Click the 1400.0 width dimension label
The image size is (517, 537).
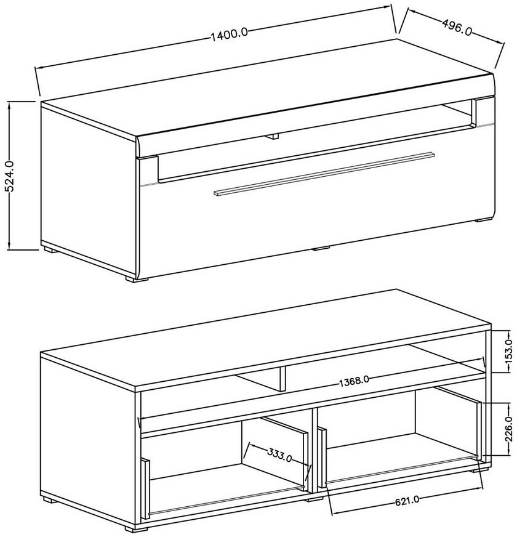(228, 34)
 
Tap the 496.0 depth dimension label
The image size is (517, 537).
(457, 26)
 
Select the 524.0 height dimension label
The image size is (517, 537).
(10, 177)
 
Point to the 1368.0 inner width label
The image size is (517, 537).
(354, 381)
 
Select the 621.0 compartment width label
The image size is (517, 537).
(407, 501)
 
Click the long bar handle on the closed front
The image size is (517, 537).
(324, 174)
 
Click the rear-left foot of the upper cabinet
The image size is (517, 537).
(50, 250)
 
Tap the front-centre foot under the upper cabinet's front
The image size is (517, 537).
(321, 248)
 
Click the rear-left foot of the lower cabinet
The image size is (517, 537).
(49, 499)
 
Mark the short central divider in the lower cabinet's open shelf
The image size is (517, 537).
(283, 379)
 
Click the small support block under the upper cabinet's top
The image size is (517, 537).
(273, 136)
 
